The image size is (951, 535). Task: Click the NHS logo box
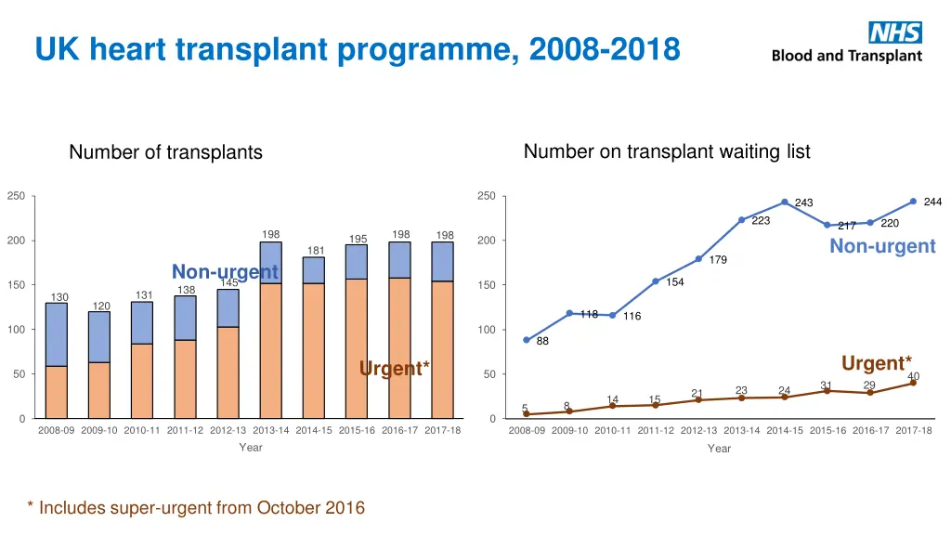894,33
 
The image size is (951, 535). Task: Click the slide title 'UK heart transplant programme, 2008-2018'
358,48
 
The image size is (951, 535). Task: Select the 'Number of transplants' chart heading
165,152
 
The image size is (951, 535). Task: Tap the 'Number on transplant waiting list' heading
667,151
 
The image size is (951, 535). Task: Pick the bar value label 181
316,250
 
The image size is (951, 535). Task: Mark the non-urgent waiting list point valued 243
784,202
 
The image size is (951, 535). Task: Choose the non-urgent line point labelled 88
527,340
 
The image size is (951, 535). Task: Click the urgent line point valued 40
913,383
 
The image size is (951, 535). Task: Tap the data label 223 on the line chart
761,220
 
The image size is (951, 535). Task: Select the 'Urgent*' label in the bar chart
394,369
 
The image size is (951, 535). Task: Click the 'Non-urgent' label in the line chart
882,246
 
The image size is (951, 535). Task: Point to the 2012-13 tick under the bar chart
228,430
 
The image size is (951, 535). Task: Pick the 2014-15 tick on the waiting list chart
785,430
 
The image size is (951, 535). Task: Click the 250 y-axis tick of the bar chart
16,196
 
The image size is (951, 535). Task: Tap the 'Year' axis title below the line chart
719,449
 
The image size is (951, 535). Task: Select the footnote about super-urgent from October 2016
196,507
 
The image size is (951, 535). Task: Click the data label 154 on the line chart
675,282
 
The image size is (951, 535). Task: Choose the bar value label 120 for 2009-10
100,306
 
